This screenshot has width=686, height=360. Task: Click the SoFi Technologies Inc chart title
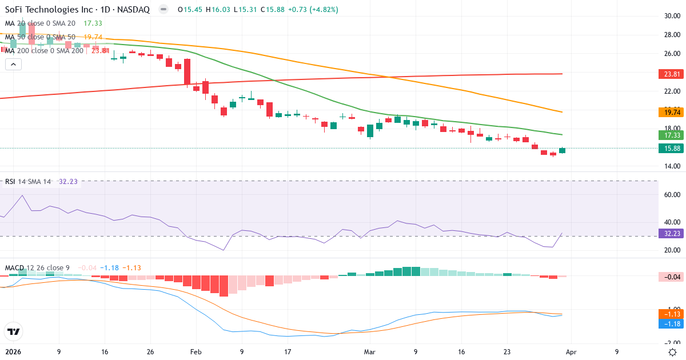[x=77, y=10]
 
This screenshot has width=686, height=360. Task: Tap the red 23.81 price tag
[x=670, y=74]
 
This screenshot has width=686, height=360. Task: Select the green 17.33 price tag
[x=670, y=135]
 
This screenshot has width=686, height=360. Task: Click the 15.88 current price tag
[x=670, y=148]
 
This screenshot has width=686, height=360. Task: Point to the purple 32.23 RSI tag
[x=670, y=233]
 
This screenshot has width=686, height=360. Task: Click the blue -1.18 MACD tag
[x=670, y=324]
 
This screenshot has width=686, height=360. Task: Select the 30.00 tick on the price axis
[x=671, y=16]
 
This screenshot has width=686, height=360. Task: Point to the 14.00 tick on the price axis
[x=671, y=166]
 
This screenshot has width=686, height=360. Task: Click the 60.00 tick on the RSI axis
[x=671, y=194]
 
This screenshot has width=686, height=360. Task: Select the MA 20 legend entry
[x=40, y=23]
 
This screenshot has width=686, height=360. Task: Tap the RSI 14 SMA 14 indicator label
[x=28, y=182]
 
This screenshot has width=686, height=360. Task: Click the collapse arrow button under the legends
[x=13, y=65]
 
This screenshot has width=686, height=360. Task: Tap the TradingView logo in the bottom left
[x=13, y=331]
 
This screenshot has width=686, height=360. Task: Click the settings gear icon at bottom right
[x=673, y=352]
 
